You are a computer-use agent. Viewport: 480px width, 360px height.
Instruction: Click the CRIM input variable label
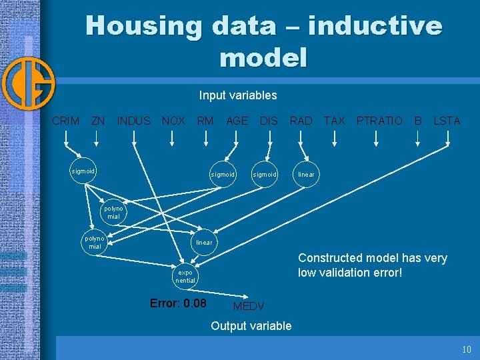(x=65, y=121)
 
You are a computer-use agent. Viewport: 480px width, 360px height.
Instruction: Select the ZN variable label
(x=98, y=121)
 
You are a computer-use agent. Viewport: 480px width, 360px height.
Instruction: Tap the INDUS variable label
(x=133, y=121)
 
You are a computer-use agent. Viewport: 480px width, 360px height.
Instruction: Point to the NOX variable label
(x=173, y=121)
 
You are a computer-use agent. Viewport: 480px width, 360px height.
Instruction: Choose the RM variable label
(x=205, y=121)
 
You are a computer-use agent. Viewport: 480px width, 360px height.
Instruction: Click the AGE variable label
(x=237, y=121)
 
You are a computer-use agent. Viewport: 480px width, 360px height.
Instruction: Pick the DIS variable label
(x=269, y=121)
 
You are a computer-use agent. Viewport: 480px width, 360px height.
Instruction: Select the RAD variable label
(x=301, y=121)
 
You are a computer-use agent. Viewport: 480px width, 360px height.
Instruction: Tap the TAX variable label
(x=334, y=121)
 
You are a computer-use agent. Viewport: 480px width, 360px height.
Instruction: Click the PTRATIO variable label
(x=379, y=121)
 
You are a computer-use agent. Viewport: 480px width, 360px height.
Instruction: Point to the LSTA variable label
(x=447, y=121)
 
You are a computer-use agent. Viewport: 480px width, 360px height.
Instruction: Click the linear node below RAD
(x=307, y=175)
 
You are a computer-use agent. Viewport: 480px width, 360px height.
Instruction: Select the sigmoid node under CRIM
(x=83, y=171)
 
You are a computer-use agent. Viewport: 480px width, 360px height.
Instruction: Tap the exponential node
(x=185, y=277)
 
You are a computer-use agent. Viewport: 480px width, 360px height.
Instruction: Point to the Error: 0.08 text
(x=178, y=303)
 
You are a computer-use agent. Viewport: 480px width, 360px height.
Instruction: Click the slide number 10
(x=467, y=350)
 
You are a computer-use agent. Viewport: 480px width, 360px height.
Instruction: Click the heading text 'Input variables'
(x=238, y=95)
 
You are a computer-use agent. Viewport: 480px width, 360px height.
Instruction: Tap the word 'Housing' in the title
(x=143, y=27)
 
